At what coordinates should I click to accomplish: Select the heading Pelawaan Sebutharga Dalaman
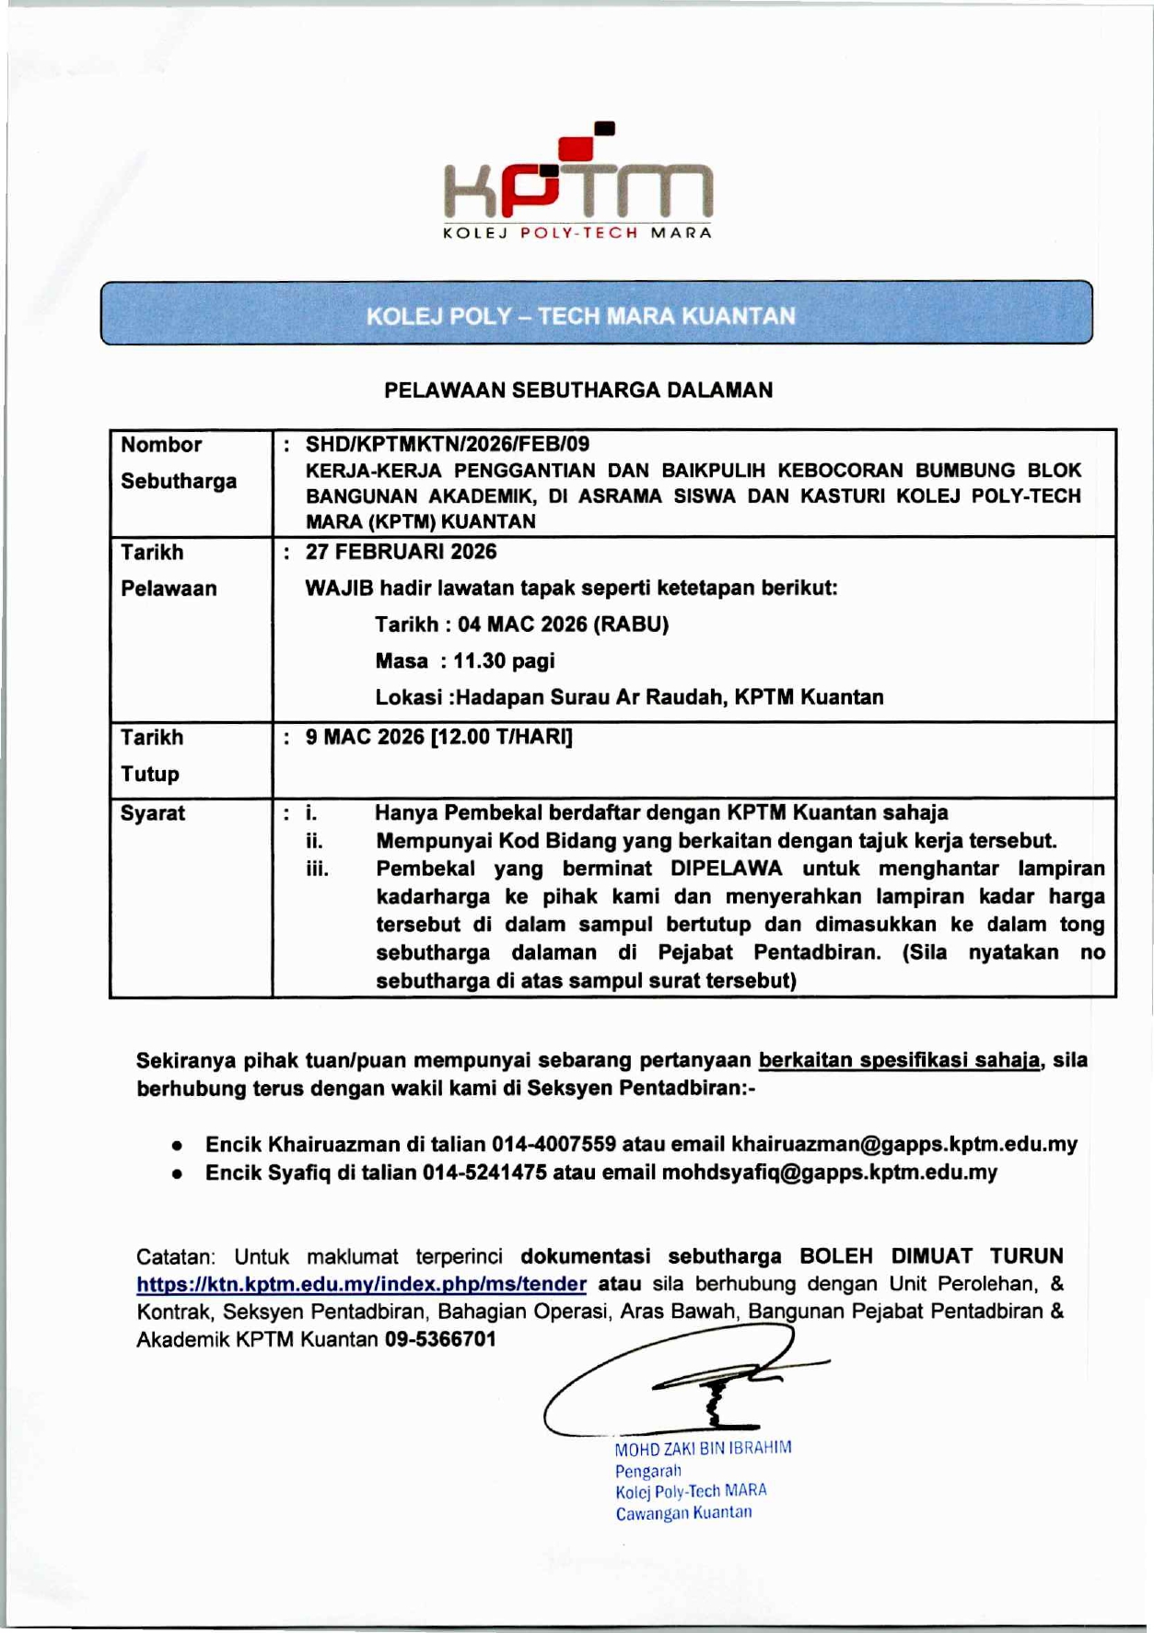(578, 390)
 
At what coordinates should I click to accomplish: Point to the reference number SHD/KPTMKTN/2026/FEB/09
(448, 444)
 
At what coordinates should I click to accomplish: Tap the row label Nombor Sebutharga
(178, 462)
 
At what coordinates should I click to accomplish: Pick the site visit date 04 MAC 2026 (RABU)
(563, 624)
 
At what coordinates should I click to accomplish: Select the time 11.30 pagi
(504, 661)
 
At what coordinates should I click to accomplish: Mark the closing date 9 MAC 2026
(365, 737)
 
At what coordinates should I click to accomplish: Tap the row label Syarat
(153, 813)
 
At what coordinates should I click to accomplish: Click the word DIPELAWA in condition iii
(726, 869)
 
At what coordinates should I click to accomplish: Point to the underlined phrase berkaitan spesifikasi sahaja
(900, 1060)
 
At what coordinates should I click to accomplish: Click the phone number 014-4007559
(554, 1145)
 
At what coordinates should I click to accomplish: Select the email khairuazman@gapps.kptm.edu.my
(903, 1145)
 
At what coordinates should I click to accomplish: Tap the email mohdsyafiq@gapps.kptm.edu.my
(829, 1172)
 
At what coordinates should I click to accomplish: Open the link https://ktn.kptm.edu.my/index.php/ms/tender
(361, 1284)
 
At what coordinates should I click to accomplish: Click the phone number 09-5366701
(440, 1339)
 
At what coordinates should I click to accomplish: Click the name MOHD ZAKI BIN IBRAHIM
(703, 1448)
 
